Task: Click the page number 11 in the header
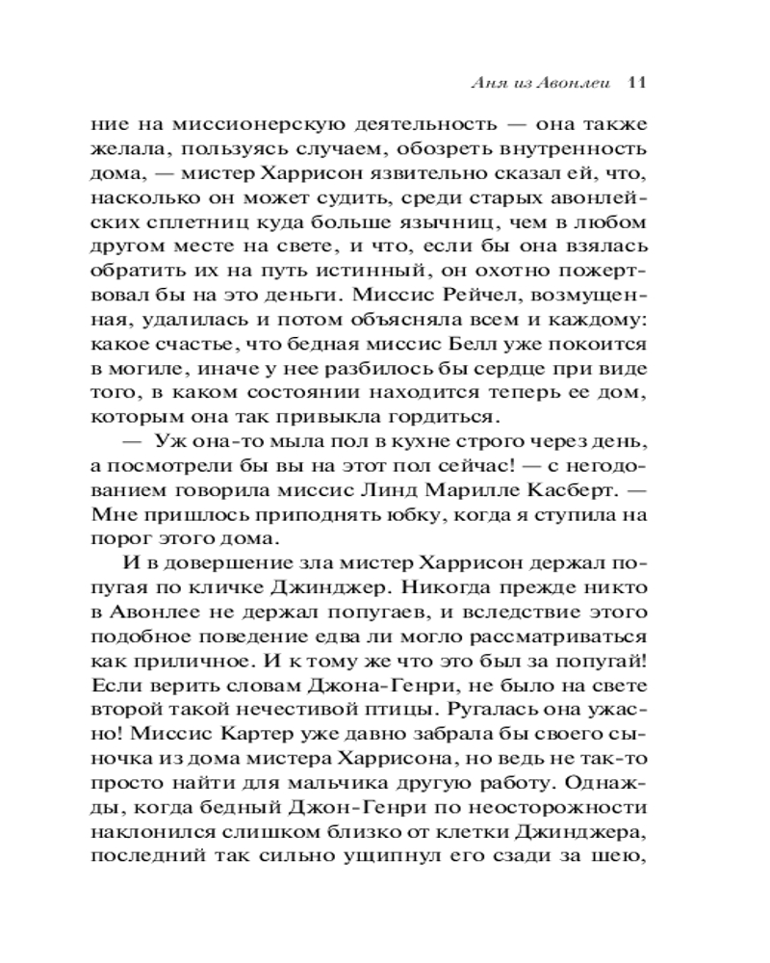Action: point(634,82)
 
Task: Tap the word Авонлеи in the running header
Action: point(575,82)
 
